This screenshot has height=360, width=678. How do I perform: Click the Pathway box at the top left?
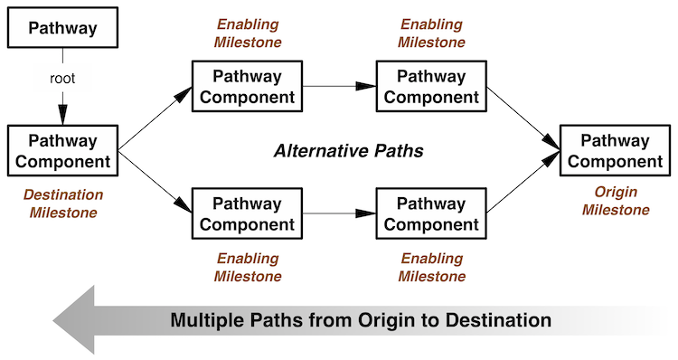coord(62,28)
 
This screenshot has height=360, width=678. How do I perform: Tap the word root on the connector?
coord(62,79)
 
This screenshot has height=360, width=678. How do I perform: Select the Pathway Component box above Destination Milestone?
coord(62,152)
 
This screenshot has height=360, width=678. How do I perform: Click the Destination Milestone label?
coord(62,204)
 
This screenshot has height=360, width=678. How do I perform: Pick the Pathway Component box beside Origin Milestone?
coord(615,151)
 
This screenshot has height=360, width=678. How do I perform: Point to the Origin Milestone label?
coord(615,201)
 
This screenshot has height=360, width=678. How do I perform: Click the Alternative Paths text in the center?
coord(348,151)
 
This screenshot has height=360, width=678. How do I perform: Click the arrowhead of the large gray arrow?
coord(77,318)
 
